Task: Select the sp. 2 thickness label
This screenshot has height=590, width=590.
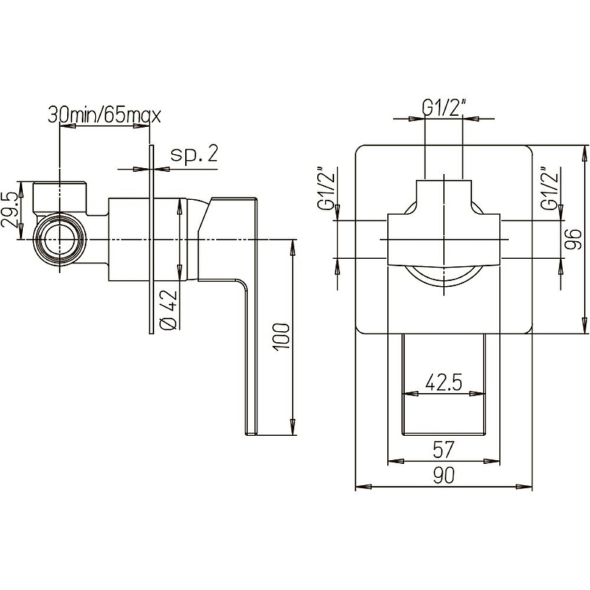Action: (x=194, y=154)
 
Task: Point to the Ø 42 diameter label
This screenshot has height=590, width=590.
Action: (x=168, y=309)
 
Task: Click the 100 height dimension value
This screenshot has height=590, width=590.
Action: (x=282, y=337)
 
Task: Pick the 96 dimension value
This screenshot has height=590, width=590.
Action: (x=573, y=239)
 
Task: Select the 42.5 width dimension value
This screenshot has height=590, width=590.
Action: (x=444, y=383)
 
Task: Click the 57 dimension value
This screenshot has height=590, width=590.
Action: (x=444, y=450)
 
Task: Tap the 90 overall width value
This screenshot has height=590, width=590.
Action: (x=444, y=475)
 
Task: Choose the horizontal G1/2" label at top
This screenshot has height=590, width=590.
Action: (x=444, y=108)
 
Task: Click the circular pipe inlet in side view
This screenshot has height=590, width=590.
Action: (x=60, y=239)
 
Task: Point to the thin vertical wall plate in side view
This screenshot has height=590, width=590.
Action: (x=151, y=239)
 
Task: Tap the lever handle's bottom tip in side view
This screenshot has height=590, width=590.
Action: (x=251, y=434)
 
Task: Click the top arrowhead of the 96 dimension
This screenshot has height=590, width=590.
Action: (x=584, y=153)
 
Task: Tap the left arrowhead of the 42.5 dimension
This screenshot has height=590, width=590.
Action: (x=411, y=395)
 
